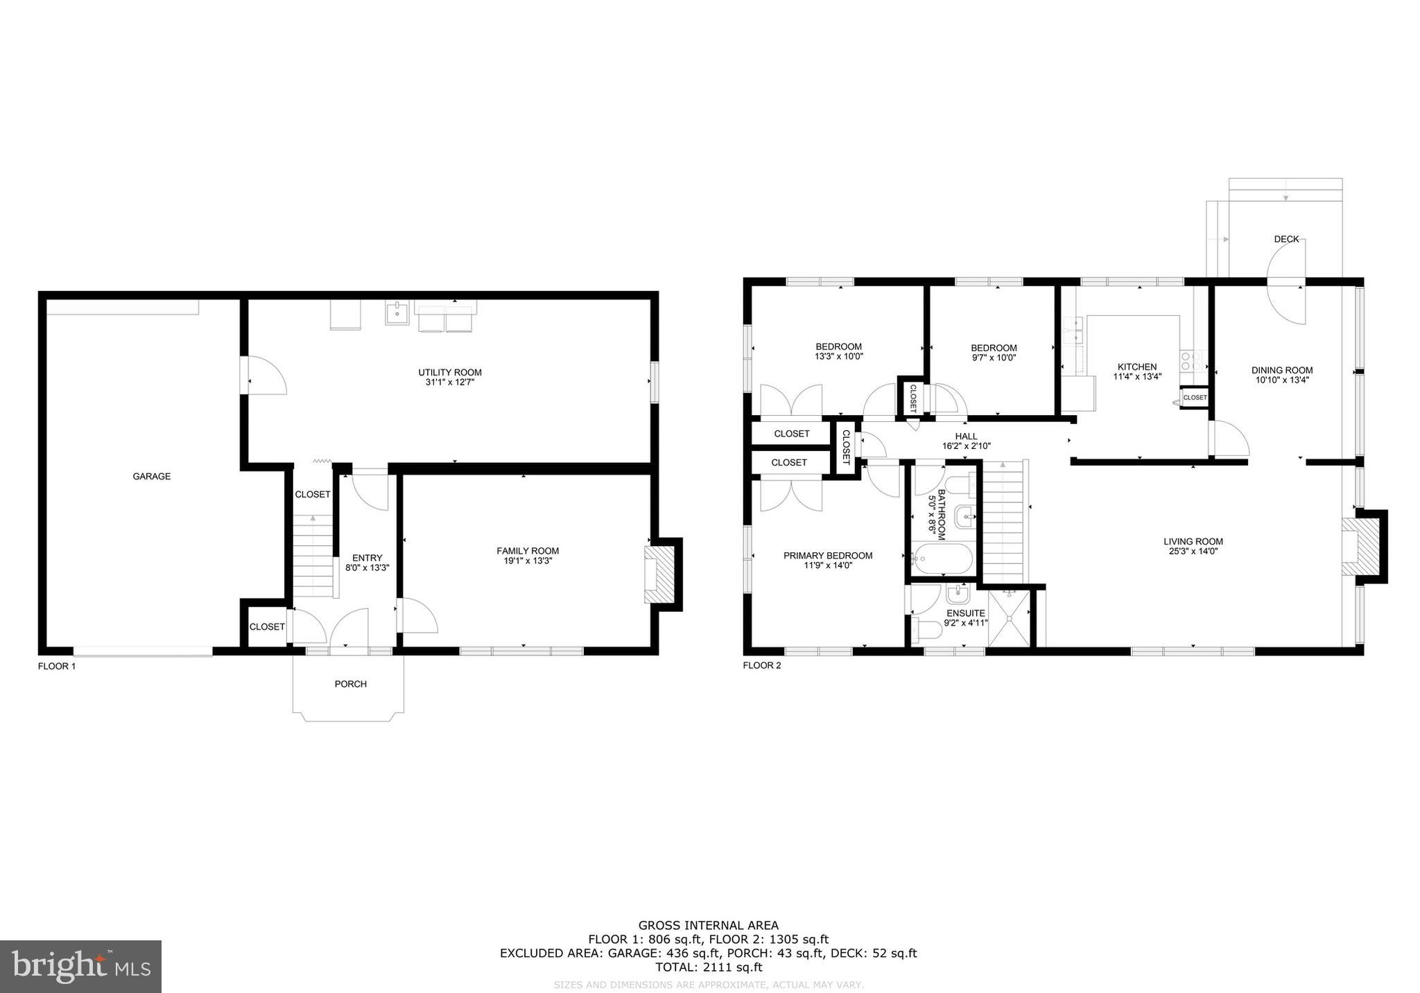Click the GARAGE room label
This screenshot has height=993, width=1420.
point(151,476)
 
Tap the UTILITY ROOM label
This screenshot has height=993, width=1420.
point(449,372)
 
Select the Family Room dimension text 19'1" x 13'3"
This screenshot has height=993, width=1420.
point(527,561)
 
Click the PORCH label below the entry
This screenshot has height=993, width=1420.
point(350,684)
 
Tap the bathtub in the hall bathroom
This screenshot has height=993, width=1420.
point(942,559)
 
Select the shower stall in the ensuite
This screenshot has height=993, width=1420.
point(1008,617)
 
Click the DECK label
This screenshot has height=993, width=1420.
point(1286,239)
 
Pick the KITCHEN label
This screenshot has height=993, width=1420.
point(1137,367)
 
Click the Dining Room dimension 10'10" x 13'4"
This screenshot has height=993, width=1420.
point(1282,380)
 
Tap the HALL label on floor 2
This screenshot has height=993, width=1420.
point(966,437)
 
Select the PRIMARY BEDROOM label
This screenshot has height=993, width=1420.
point(828,555)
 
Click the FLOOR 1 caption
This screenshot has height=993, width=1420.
point(57,666)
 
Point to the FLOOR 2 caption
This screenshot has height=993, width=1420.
point(761,666)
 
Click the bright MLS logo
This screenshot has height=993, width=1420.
point(80,966)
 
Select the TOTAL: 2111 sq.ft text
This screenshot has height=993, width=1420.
point(709,967)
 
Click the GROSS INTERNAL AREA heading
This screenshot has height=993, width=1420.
point(709,925)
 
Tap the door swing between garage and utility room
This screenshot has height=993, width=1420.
point(266,376)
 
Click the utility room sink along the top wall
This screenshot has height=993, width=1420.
point(397,313)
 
